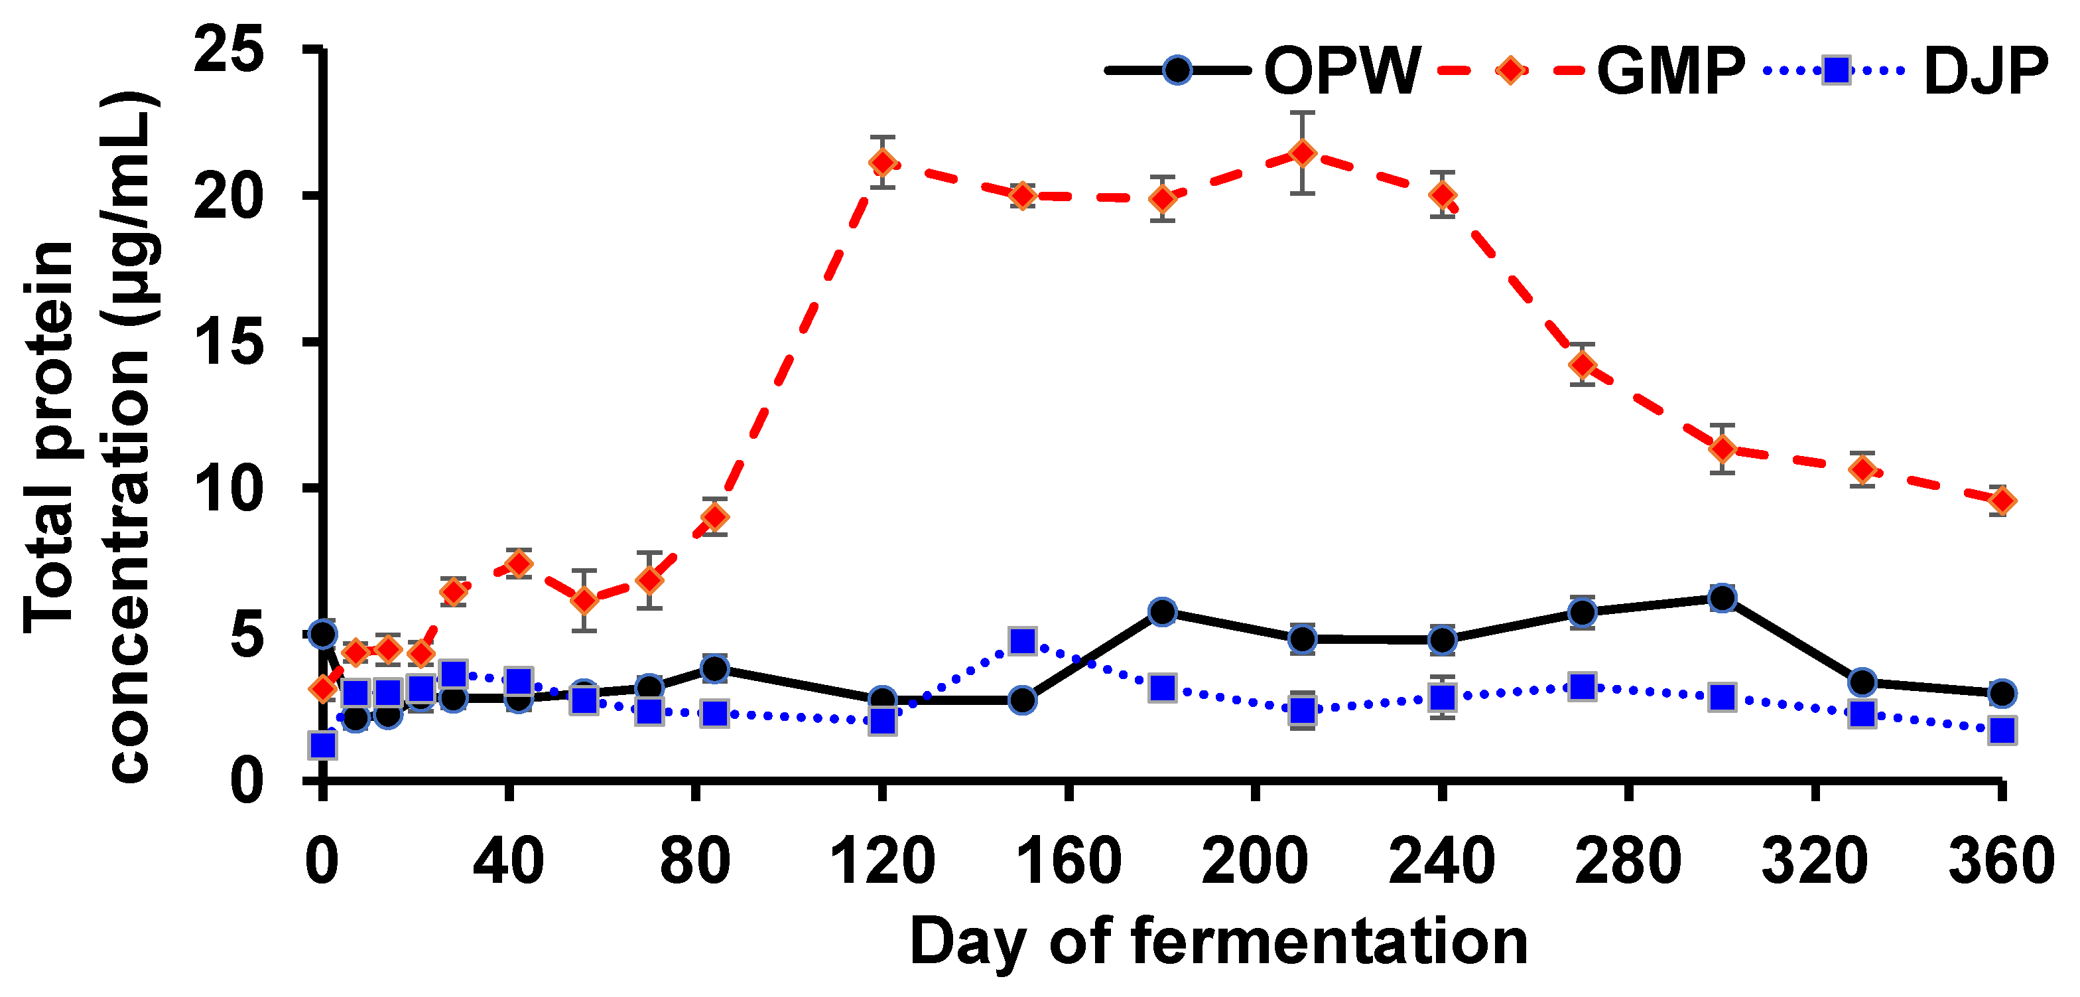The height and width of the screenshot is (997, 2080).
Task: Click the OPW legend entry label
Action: pos(1341,71)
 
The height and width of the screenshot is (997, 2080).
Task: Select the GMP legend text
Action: pos(1671,71)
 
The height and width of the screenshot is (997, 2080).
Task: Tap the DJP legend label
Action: pos(1986,71)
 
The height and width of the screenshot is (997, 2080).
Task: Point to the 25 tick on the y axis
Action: pos(229,50)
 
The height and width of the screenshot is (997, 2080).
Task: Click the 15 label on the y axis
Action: pos(229,343)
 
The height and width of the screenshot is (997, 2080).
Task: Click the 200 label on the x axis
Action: pos(1255,862)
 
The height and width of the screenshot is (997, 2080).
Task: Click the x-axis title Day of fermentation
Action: pos(1218,942)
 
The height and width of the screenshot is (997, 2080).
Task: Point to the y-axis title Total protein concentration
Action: pos(89,436)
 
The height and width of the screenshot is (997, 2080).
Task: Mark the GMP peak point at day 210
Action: pos(1301,153)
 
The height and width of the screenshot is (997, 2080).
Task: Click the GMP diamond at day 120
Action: pos(883,163)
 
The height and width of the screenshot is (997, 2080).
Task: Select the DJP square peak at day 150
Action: pos(1022,641)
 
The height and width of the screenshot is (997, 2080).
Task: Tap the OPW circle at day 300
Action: pos(1722,599)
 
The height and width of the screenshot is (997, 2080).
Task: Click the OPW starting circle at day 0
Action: pos(323,634)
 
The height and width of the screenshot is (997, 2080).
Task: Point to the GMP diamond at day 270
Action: pos(1583,365)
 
